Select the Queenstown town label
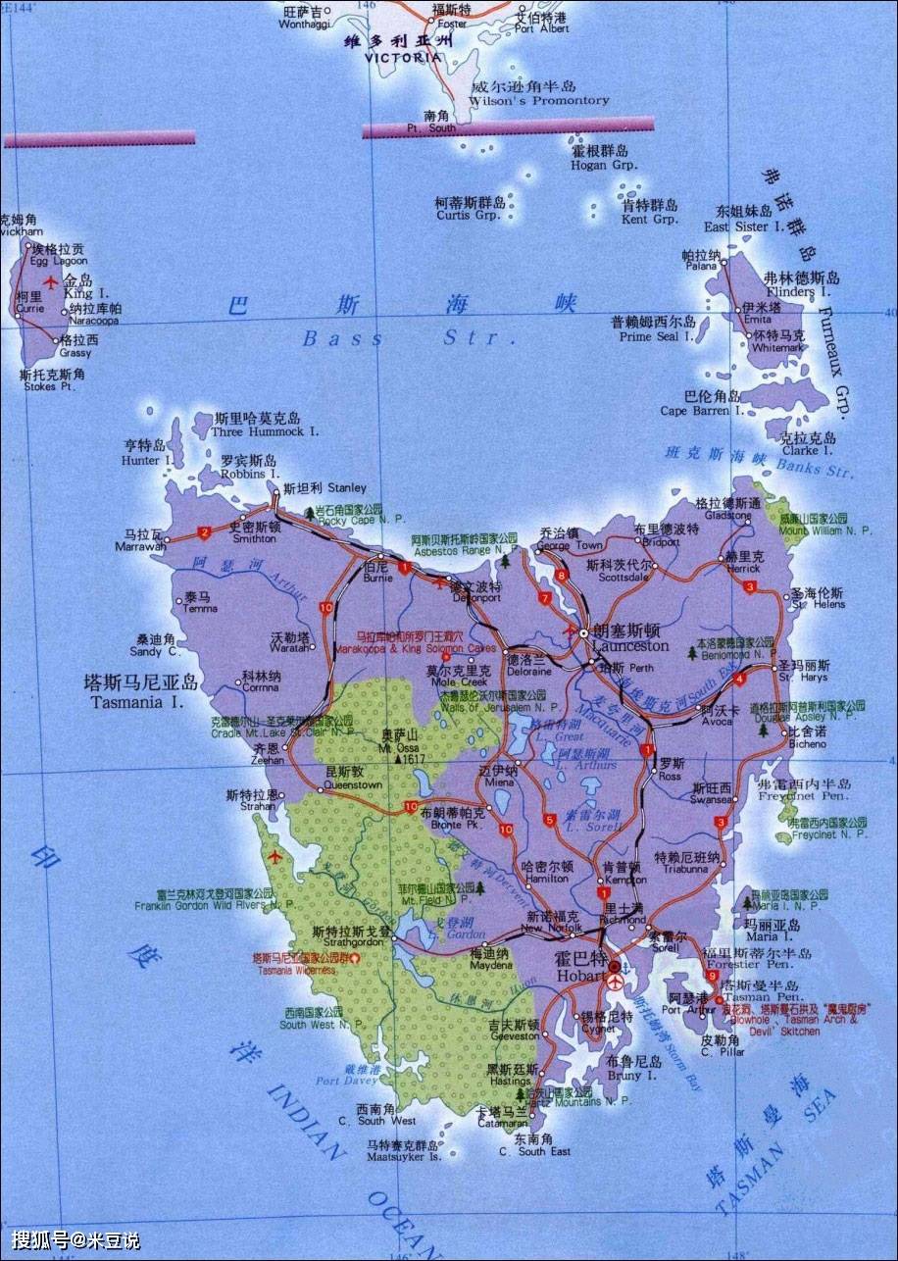tap(353, 785)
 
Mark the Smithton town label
tap(253, 538)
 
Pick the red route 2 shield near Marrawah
tap(204, 533)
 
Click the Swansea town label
tap(711, 800)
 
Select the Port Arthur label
tap(682, 1010)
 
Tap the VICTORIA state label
tap(402, 57)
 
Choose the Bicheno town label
tap(807, 744)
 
